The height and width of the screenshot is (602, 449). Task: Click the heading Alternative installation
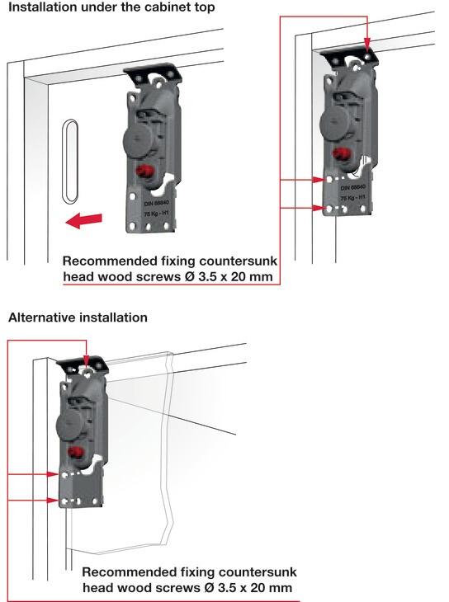78,317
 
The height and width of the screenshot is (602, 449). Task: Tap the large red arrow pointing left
85,220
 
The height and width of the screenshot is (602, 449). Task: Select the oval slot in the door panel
69,161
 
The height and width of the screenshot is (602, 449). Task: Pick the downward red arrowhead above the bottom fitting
86,361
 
